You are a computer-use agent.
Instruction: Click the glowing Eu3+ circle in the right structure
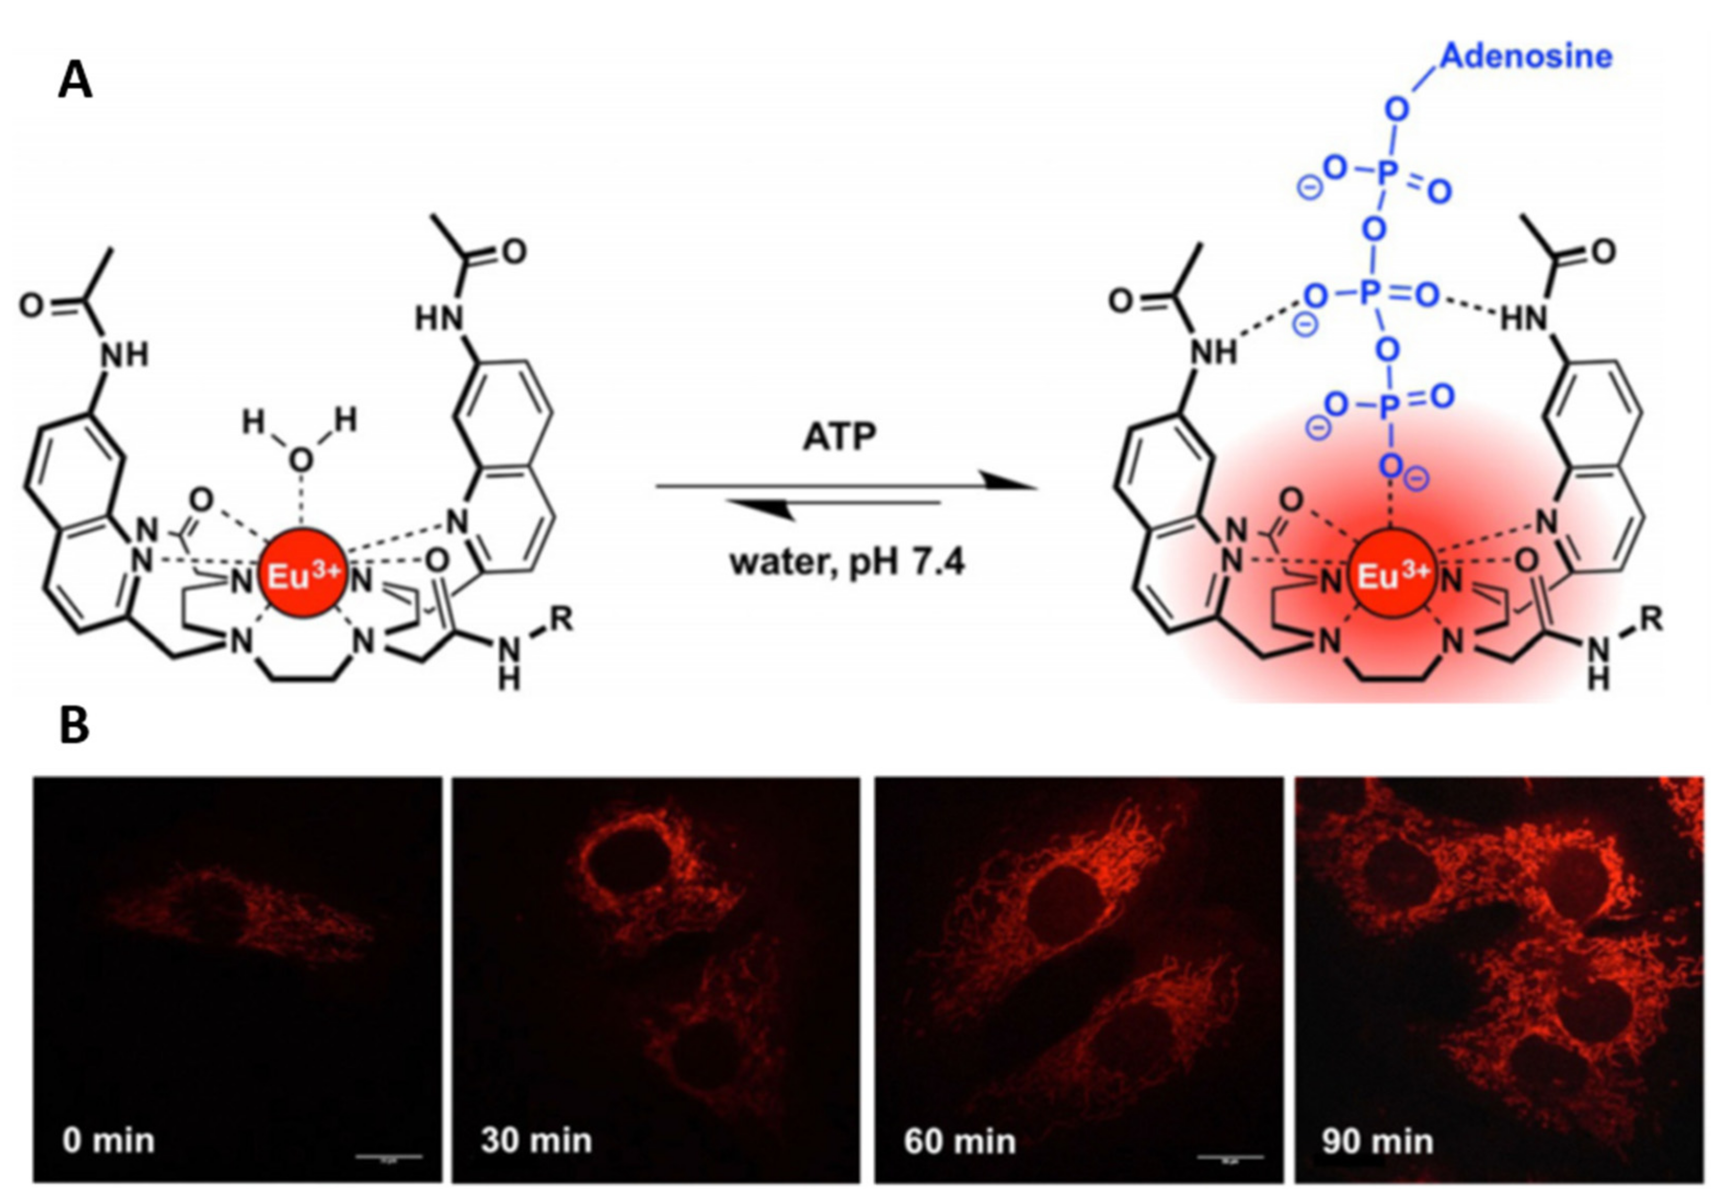pos(1391,575)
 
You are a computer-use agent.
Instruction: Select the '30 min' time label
pos(536,1141)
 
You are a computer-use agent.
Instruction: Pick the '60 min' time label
pos(959,1141)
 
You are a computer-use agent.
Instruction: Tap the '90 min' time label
pos(1377,1141)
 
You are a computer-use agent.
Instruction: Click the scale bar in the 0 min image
pos(389,1156)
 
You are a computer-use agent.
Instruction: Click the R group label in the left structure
pos(562,619)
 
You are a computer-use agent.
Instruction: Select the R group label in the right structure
pos(1651,619)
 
